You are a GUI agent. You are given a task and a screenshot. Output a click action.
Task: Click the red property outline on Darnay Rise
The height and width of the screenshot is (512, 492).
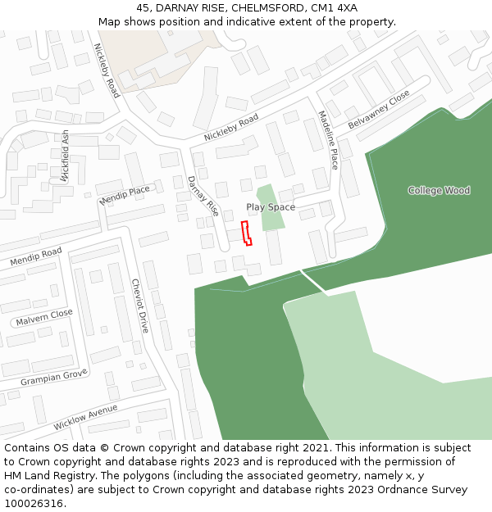tap(245, 233)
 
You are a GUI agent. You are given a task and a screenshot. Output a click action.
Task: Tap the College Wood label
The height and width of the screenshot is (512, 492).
tap(440, 190)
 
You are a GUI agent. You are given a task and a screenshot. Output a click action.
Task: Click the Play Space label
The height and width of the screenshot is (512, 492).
tap(271, 207)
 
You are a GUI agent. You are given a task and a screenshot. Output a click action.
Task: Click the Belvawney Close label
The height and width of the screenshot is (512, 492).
tap(378, 110)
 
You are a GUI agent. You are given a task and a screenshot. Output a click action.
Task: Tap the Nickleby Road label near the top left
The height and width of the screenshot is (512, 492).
tap(107, 70)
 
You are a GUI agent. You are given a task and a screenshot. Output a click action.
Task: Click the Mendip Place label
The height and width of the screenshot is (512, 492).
tap(125, 195)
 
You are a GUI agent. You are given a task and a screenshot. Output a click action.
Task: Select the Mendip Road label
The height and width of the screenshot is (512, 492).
tap(36, 256)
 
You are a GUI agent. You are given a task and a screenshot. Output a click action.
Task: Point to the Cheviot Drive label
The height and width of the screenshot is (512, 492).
tap(140, 306)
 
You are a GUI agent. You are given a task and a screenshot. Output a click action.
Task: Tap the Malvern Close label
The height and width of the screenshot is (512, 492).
tap(44, 317)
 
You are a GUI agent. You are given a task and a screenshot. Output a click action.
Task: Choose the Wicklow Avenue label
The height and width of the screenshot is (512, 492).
tap(85, 417)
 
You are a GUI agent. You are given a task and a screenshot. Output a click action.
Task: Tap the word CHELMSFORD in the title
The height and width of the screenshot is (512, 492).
tap(268, 7)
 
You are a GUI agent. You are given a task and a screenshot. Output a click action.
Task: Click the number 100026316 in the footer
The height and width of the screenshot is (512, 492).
tap(33, 504)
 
